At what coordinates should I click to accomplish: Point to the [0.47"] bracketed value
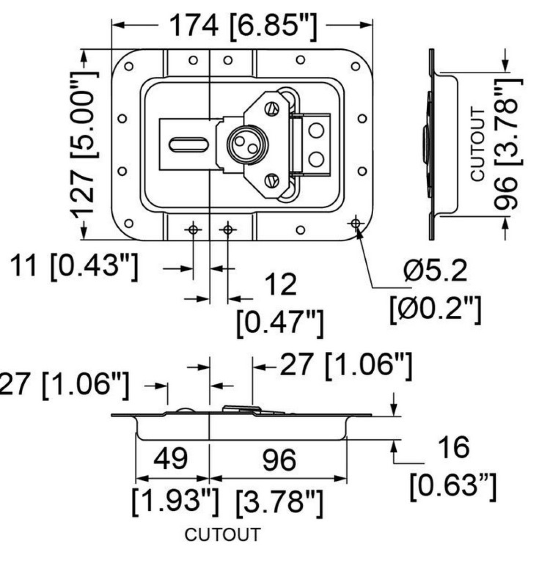pyautogui.click(x=280, y=323)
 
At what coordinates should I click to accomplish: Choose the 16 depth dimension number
pyautogui.click(x=453, y=448)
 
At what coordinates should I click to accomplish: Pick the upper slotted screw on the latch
pyautogui.click(x=272, y=108)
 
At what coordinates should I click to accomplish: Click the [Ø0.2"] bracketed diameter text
pyautogui.click(x=434, y=309)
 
